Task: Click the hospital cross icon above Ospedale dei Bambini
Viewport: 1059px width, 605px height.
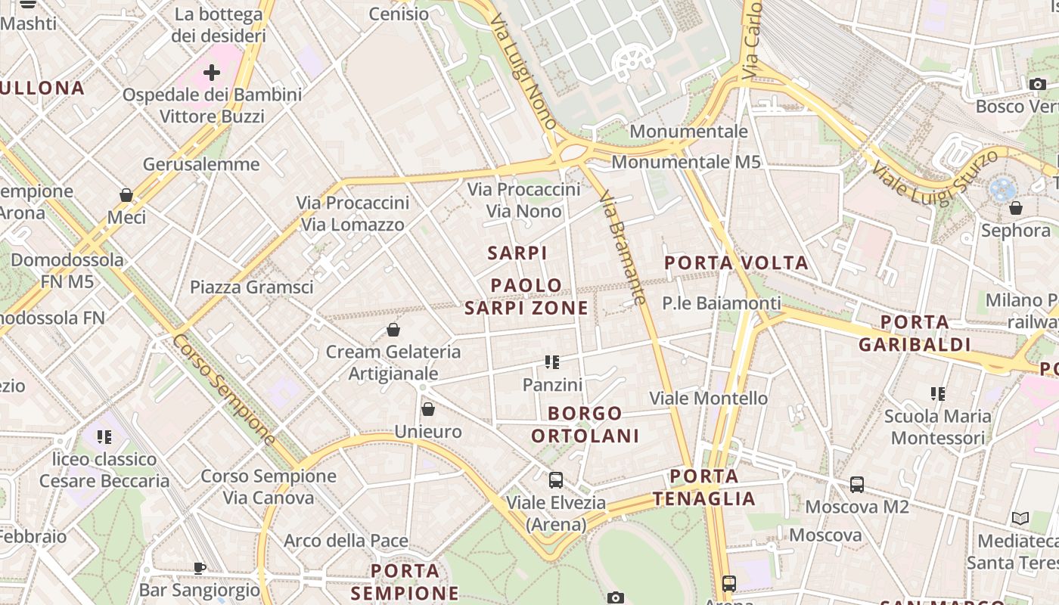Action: pos(212,73)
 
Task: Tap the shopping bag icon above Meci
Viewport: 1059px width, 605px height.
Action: pos(126,195)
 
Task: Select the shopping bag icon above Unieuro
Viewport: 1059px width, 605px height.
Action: pos(428,409)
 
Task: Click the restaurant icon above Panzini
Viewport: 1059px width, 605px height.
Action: pos(552,362)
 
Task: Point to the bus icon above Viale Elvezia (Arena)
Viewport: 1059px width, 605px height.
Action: pos(556,480)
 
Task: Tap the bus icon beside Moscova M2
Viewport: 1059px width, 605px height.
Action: pos(857,485)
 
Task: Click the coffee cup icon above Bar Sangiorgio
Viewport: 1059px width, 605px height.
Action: pos(200,567)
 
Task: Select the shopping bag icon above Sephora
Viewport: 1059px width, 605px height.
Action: pos(1016,207)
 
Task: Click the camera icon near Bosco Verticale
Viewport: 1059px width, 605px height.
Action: pos(1038,84)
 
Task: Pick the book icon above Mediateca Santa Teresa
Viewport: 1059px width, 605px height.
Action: pos(1020,519)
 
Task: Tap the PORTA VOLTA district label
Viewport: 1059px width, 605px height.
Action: pos(737,263)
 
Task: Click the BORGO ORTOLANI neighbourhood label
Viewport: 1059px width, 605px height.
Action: pos(585,424)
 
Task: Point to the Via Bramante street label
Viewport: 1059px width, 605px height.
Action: pos(623,247)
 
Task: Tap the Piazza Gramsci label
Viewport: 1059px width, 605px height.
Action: pos(251,287)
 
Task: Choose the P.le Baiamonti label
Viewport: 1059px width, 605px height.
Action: pos(722,303)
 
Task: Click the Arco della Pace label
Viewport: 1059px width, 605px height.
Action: pos(346,541)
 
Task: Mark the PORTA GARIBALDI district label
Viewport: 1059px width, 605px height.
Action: pos(915,334)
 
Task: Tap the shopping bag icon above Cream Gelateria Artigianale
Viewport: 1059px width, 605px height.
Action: pos(393,330)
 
